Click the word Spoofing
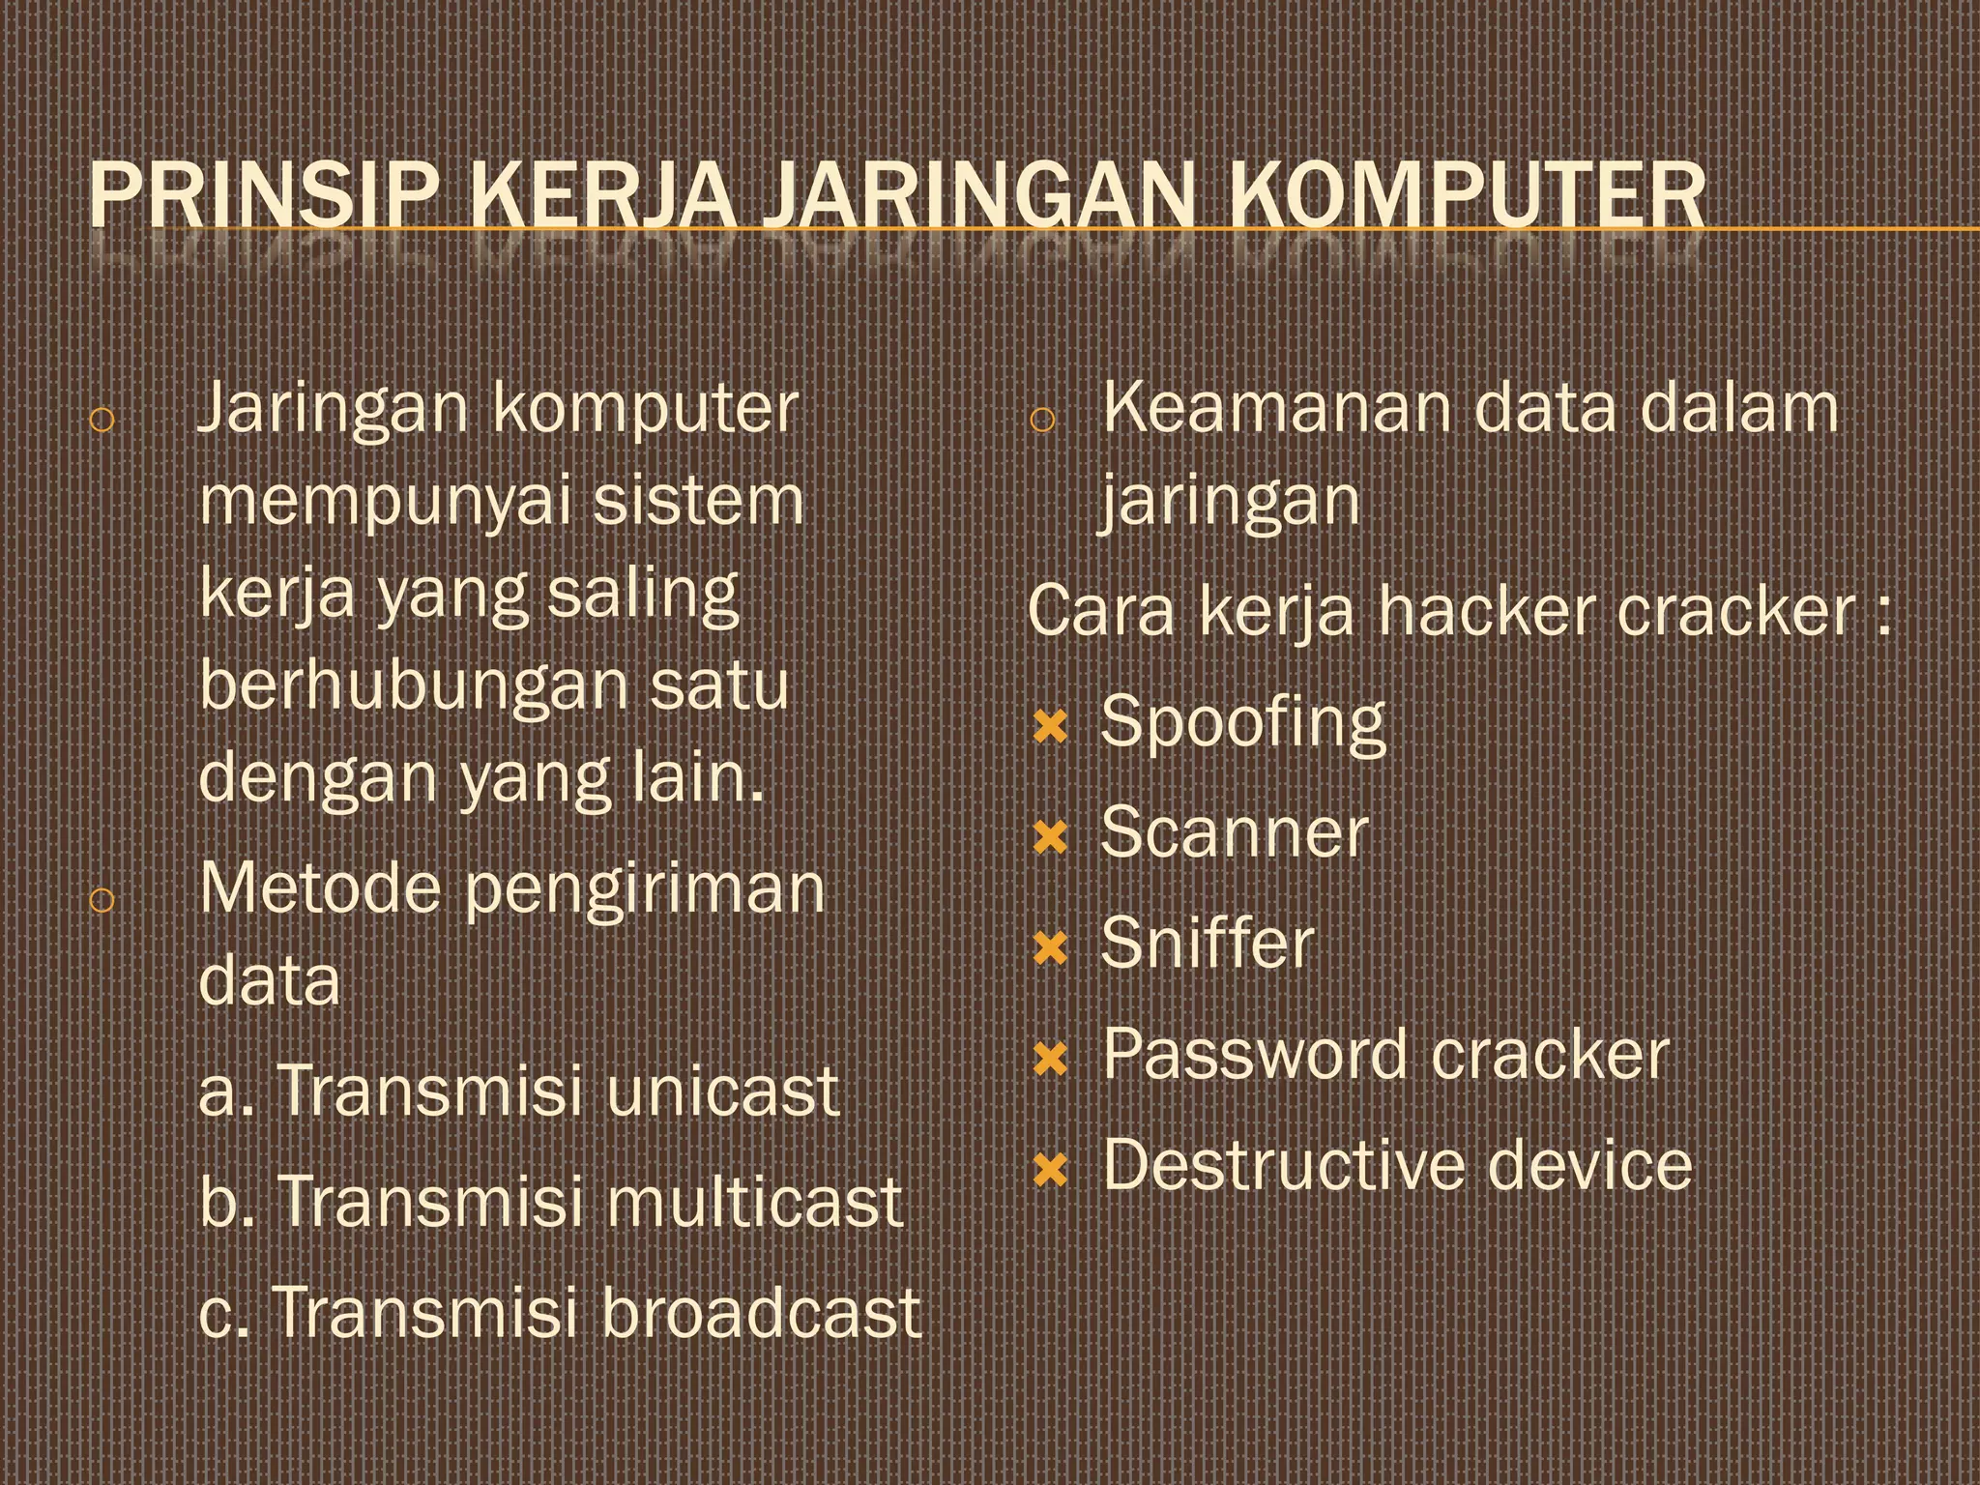(1243, 723)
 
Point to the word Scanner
(1235, 832)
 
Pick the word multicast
(755, 1202)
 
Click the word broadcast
(762, 1312)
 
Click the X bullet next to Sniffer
(1049, 948)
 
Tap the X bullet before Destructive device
(1049, 1171)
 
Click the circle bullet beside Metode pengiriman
(102, 900)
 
